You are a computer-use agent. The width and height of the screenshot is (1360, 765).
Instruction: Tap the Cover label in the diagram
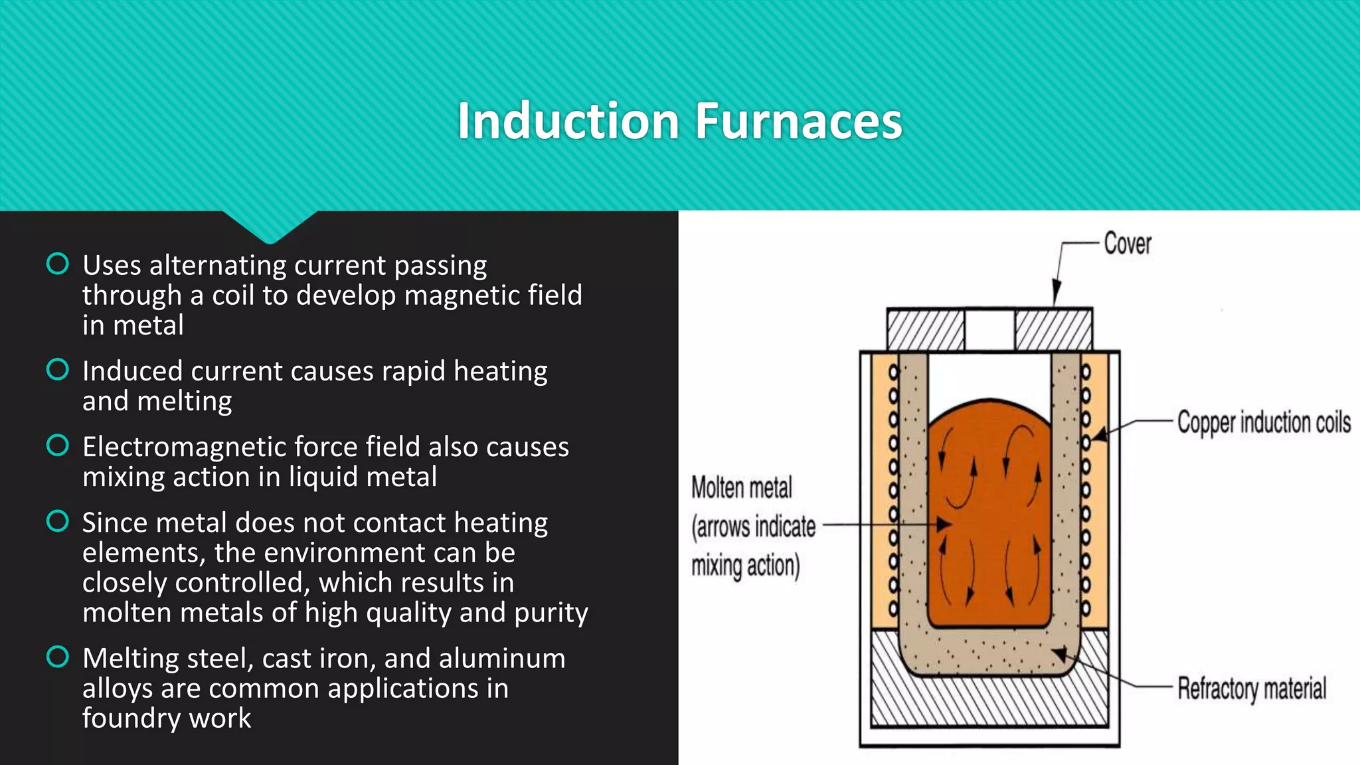[1127, 244]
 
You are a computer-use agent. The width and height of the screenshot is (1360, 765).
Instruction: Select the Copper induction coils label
[1264, 423]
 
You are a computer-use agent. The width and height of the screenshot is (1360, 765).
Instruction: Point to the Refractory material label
[1252, 689]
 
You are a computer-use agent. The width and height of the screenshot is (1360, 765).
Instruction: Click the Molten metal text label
[742, 488]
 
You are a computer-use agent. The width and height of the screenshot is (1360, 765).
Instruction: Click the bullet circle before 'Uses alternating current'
[58, 264]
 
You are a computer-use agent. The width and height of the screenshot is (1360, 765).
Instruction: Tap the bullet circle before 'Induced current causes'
[58, 369]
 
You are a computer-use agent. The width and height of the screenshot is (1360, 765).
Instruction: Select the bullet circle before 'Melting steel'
[58, 657]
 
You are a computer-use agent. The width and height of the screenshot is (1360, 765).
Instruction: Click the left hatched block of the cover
[926, 330]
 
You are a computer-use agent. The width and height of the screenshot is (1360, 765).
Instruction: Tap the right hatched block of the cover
[1053, 330]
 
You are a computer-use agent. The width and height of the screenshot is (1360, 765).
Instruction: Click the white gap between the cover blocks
[989, 330]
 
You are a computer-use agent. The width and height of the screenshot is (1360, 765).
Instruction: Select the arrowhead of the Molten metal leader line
[945, 525]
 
